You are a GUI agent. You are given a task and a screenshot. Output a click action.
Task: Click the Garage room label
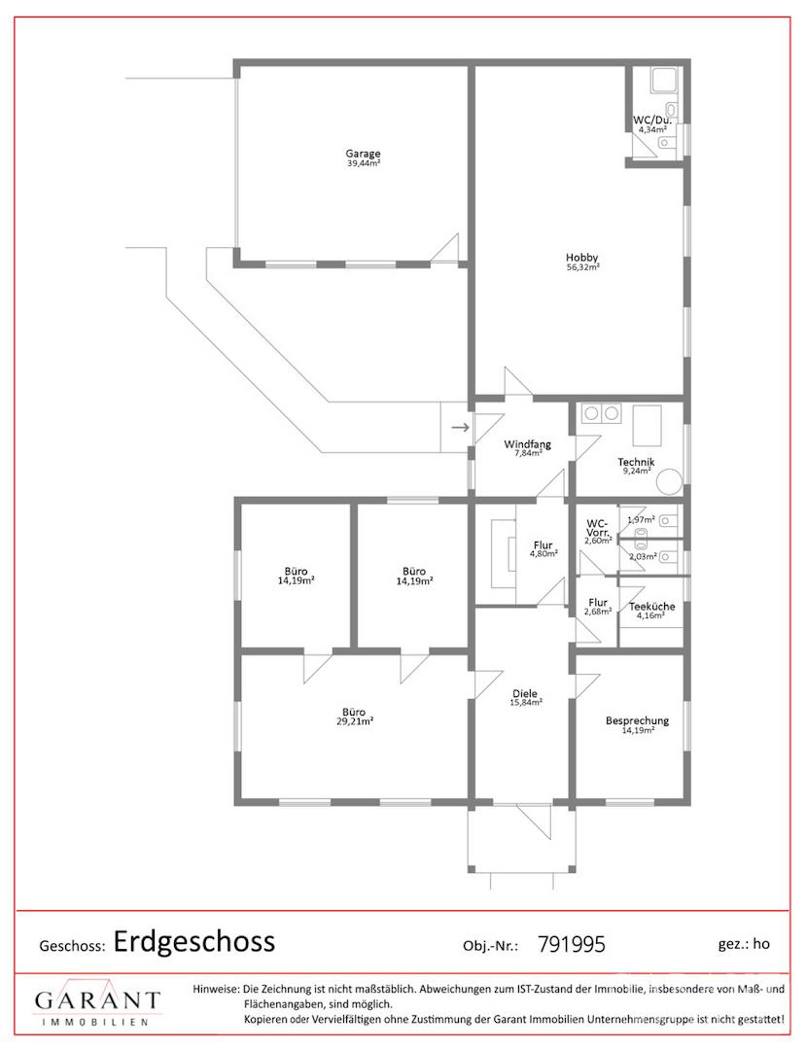pyautogui.click(x=363, y=154)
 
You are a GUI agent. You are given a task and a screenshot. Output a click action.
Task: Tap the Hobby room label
pyautogui.click(x=581, y=257)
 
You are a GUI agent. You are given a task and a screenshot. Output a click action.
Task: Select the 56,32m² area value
pyautogui.click(x=582, y=266)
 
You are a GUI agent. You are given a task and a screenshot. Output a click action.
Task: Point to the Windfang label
pyautogui.click(x=528, y=444)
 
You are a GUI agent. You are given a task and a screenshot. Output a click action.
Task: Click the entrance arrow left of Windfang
pyautogui.click(x=460, y=427)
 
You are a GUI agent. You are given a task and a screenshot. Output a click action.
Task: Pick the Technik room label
pyautogui.click(x=636, y=462)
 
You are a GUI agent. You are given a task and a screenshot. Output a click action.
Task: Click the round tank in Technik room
pyautogui.click(x=669, y=482)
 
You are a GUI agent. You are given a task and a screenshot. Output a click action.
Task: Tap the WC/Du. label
pyautogui.click(x=652, y=121)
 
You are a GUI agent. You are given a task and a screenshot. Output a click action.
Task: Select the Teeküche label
pyautogui.click(x=651, y=607)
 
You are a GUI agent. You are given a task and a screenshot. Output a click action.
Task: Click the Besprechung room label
pyautogui.click(x=637, y=721)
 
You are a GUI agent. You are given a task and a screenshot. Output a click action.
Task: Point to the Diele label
pyautogui.click(x=526, y=694)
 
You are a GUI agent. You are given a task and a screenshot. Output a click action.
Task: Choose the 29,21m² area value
pyautogui.click(x=354, y=721)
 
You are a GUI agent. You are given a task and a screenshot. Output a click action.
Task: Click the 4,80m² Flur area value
pyautogui.click(x=543, y=554)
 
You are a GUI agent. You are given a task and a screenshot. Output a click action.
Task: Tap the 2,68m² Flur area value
pyautogui.click(x=598, y=612)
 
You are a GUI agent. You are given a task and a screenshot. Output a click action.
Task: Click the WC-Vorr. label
pyautogui.click(x=597, y=528)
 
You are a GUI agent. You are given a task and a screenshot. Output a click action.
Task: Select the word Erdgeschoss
pyautogui.click(x=194, y=941)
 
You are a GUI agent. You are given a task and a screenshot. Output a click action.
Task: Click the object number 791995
pyautogui.click(x=571, y=945)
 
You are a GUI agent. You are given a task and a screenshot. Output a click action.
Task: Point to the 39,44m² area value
pyautogui.click(x=364, y=162)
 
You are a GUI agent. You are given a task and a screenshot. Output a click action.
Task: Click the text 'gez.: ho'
pyautogui.click(x=744, y=944)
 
